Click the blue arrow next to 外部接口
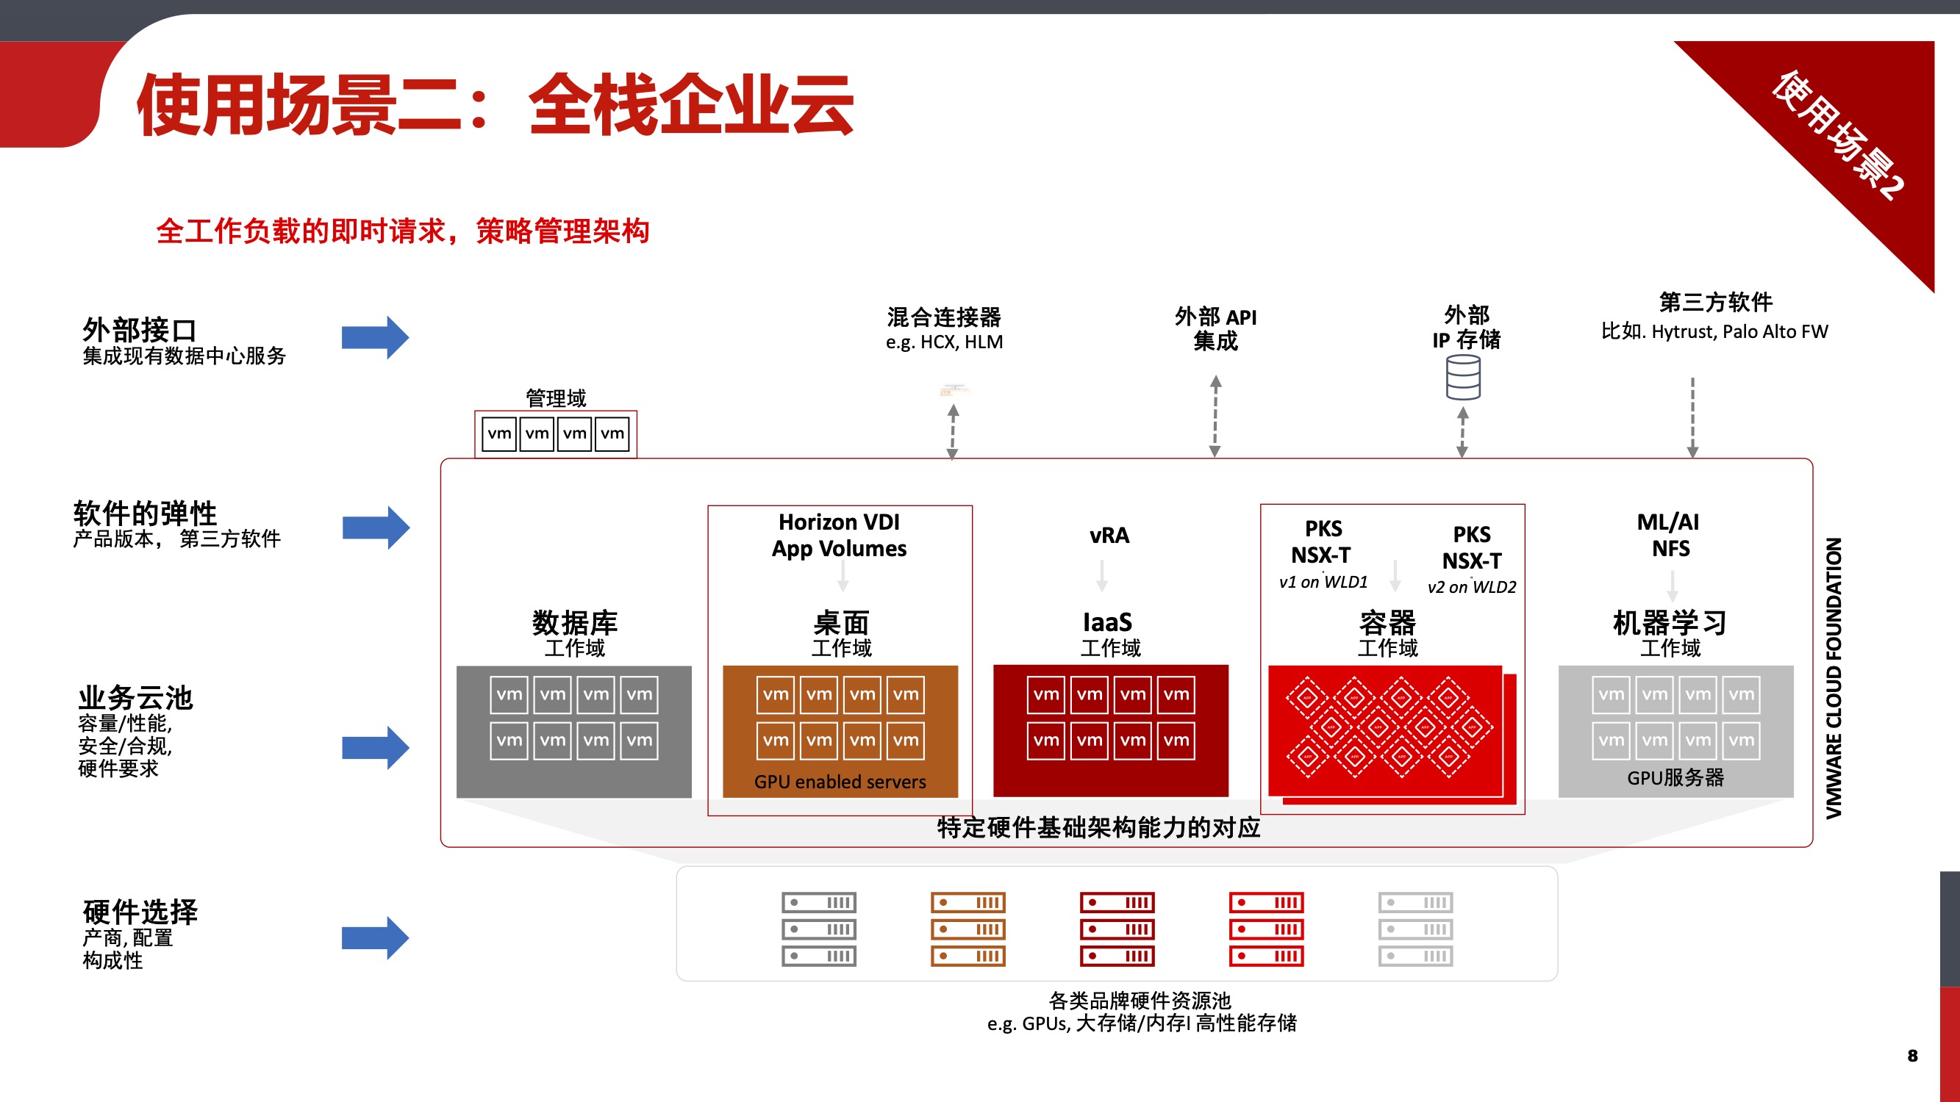tap(375, 337)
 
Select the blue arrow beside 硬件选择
tap(375, 937)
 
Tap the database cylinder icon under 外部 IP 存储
tap(1462, 378)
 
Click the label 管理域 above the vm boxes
tap(557, 397)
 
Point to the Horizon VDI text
tap(839, 522)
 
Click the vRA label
tap(1109, 536)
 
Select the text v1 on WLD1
tap(1323, 583)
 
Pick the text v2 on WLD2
tap(1472, 587)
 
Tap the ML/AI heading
tap(1668, 522)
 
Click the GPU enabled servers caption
tap(840, 782)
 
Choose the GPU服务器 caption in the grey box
tap(1675, 778)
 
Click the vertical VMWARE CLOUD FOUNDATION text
tap(1834, 677)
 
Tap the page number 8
tap(1912, 1056)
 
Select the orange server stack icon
tap(968, 929)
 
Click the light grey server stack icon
tap(1415, 929)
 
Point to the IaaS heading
tap(1108, 622)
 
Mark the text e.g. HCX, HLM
tap(944, 342)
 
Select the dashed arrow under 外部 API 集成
tap(1215, 416)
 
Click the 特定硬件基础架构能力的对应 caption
tap(1098, 827)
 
